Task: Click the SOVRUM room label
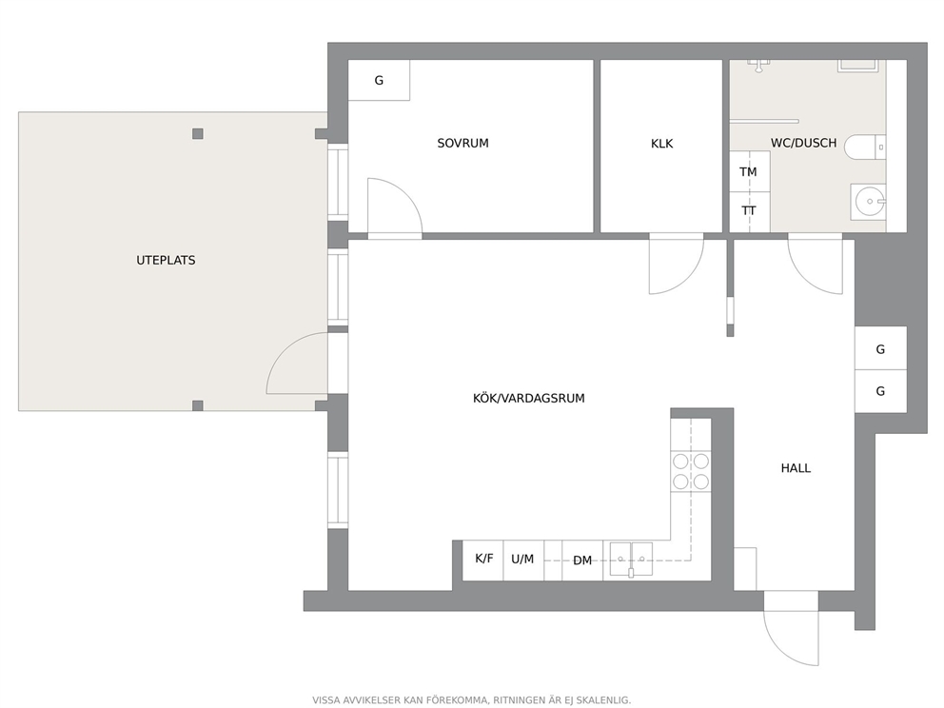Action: (x=462, y=144)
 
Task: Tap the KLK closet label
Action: (x=661, y=144)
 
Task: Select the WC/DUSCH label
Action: (x=803, y=144)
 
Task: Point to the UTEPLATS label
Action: (x=166, y=260)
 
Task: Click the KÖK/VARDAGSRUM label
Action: (x=528, y=398)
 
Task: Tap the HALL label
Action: (x=796, y=468)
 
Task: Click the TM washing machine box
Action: (x=750, y=171)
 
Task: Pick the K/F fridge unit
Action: (x=482, y=560)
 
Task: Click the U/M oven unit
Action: (x=523, y=560)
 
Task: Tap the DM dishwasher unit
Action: (x=582, y=560)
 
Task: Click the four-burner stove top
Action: (x=691, y=471)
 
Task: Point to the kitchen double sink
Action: (x=631, y=560)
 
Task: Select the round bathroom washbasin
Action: (x=868, y=201)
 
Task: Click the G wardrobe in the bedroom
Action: (x=380, y=80)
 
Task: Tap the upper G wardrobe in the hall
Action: (x=880, y=348)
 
